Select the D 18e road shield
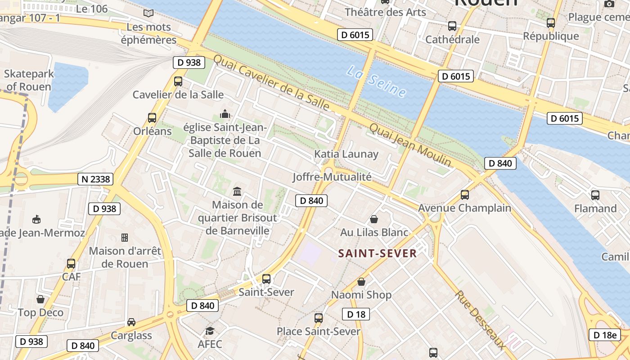pyautogui.click(x=605, y=335)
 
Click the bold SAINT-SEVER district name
pyautogui.click(x=377, y=253)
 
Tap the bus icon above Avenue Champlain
pyautogui.click(x=464, y=195)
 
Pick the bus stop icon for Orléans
pyautogui.click(x=152, y=118)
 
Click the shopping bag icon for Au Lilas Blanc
pyautogui.click(x=373, y=219)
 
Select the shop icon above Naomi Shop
pyautogui.click(x=361, y=282)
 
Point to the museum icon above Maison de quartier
pyautogui.click(x=237, y=192)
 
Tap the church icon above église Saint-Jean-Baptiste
pyautogui.click(x=225, y=113)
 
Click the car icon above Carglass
pyautogui.click(x=131, y=322)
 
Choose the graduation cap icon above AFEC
pyautogui.click(x=210, y=331)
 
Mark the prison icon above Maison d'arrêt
pyautogui.click(x=125, y=237)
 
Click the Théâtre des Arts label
pyautogui.click(x=385, y=12)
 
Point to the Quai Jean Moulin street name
pyautogui.click(x=410, y=144)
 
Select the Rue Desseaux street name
pyautogui.click(x=480, y=319)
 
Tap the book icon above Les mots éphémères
pyautogui.click(x=148, y=13)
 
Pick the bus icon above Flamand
pyautogui.click(x=595, y=195)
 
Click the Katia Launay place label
pyautogui.click(x=346, y=154)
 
